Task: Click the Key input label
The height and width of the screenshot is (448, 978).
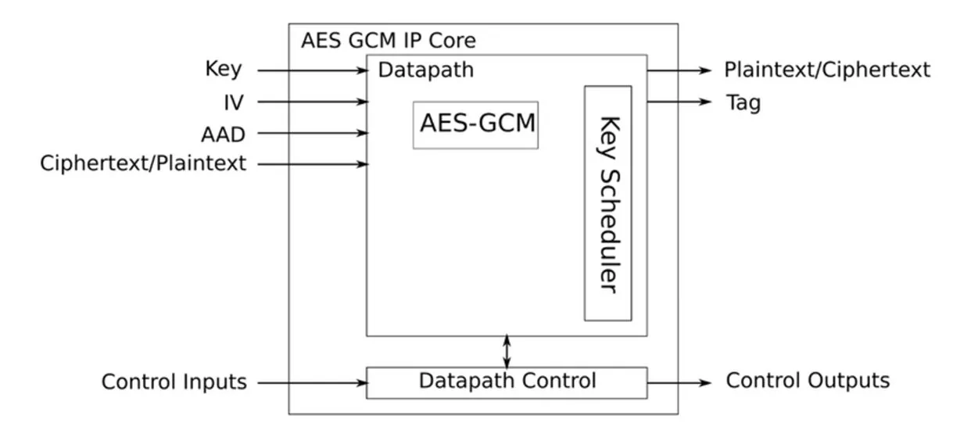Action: (x=223, y=70)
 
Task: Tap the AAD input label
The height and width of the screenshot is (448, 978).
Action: (x=223, y=134)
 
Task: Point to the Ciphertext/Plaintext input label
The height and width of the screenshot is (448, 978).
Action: (x=143, y=163)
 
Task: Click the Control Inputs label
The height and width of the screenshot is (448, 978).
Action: (x=174, y=382)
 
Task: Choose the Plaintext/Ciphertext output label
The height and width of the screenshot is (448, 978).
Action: (x=827, y=70)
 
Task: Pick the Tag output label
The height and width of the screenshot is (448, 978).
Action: (x=743, y=102)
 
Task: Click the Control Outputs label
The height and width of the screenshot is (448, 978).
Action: (x=808, y=381)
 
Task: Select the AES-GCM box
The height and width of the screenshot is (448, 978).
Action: (x=476, y=124)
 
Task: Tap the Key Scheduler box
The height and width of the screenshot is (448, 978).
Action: (x=608, y=203)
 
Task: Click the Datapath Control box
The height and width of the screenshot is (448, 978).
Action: (x=507, y=382)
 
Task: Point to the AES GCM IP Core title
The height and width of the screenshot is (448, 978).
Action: (x=388, y=41)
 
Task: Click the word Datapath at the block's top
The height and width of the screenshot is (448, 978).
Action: (x=426, y=70)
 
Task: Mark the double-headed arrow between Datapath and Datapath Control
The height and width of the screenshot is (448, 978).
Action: (x=507, y=352)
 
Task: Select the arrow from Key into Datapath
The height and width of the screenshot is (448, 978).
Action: (x=313, y=70)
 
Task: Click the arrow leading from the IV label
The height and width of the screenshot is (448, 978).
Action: (x=313, y=102)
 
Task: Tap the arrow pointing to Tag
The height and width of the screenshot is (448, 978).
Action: (x=679, y=102)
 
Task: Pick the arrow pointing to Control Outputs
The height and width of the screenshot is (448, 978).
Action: (x=679, y=383)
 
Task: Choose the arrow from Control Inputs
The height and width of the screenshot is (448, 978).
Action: (x=313, y=383)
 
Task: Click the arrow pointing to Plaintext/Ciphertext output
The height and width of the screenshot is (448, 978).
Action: (x=679, y=70)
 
